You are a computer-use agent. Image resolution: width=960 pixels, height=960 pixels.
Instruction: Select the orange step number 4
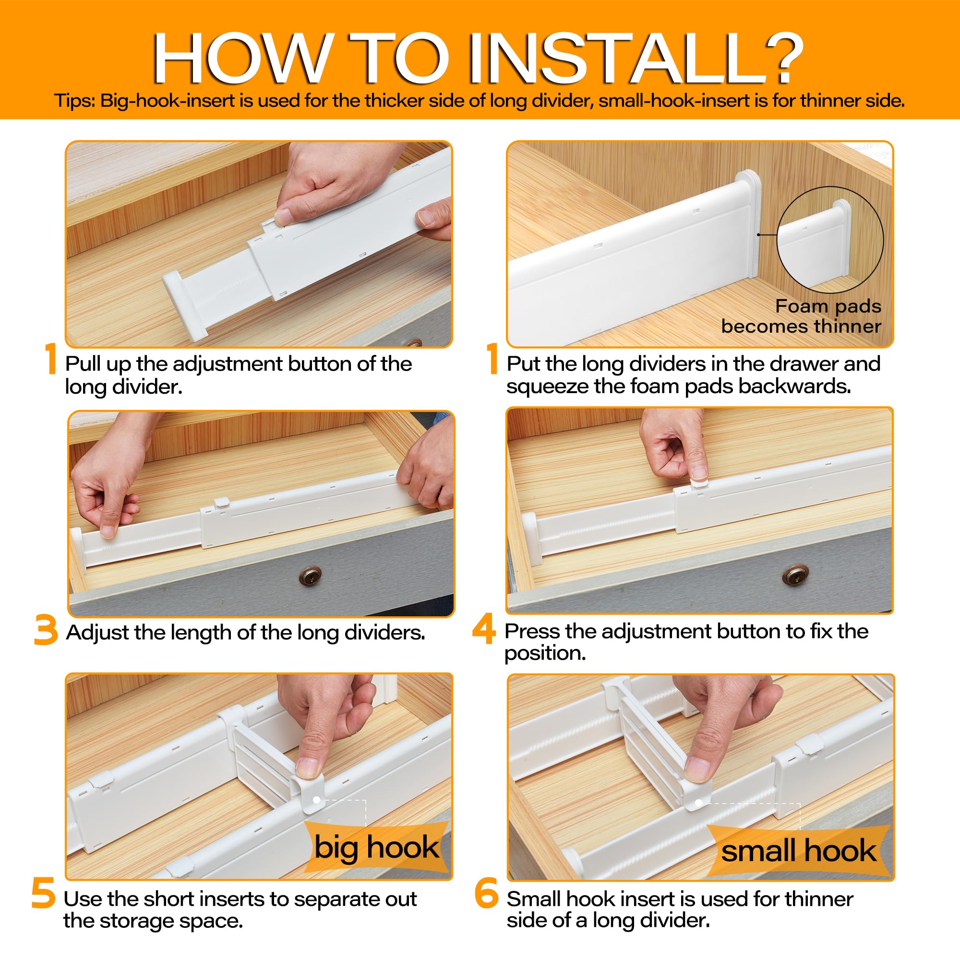click(x=483, y=629)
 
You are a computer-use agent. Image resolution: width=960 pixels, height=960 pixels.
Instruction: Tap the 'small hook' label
click(x=799, y=850)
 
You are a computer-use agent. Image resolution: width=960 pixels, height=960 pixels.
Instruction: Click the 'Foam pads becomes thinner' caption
click(x=801, y=316)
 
